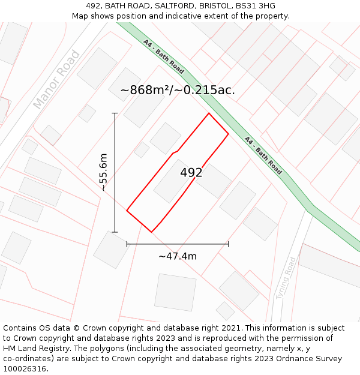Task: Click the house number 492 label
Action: [x=191, y=173]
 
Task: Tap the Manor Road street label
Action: [x=56, y=80]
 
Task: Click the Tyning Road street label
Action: [x=287, y=278]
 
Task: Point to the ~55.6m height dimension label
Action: [x=103, y=172]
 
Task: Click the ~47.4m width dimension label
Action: [x=178, y=256]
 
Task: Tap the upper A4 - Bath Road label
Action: [x=163, y=56]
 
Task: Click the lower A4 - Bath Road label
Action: [x=263, y=155]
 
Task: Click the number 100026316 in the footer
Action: [x=25, y=369]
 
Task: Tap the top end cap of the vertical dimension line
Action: [x=115, y=113]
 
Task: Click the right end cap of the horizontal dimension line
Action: [x=228, y=244]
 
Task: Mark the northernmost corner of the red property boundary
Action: [x=209, y=113]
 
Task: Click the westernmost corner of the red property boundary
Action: [x=127, y=211]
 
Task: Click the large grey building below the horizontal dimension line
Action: [x=175, y=292]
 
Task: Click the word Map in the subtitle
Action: [x=80, y=16]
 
